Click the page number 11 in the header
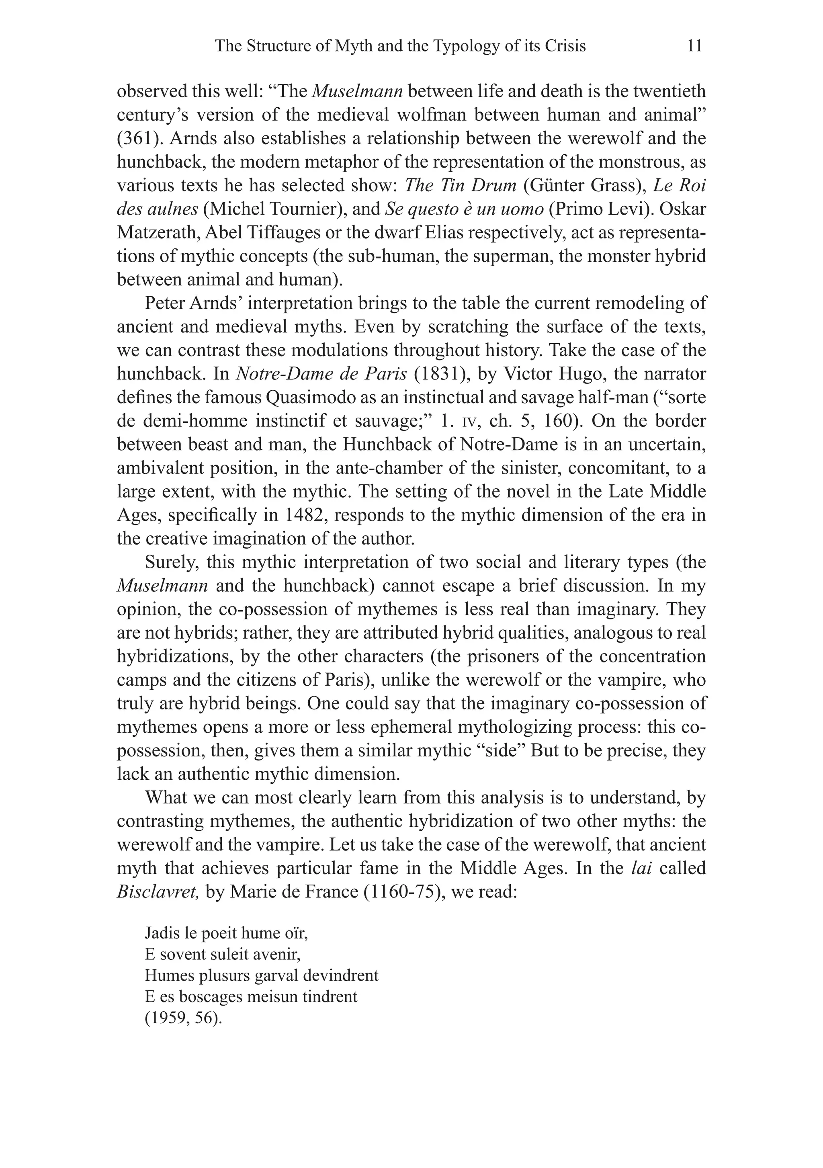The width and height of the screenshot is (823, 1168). coord(694,46)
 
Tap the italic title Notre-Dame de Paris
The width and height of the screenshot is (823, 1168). coord(321,374)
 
